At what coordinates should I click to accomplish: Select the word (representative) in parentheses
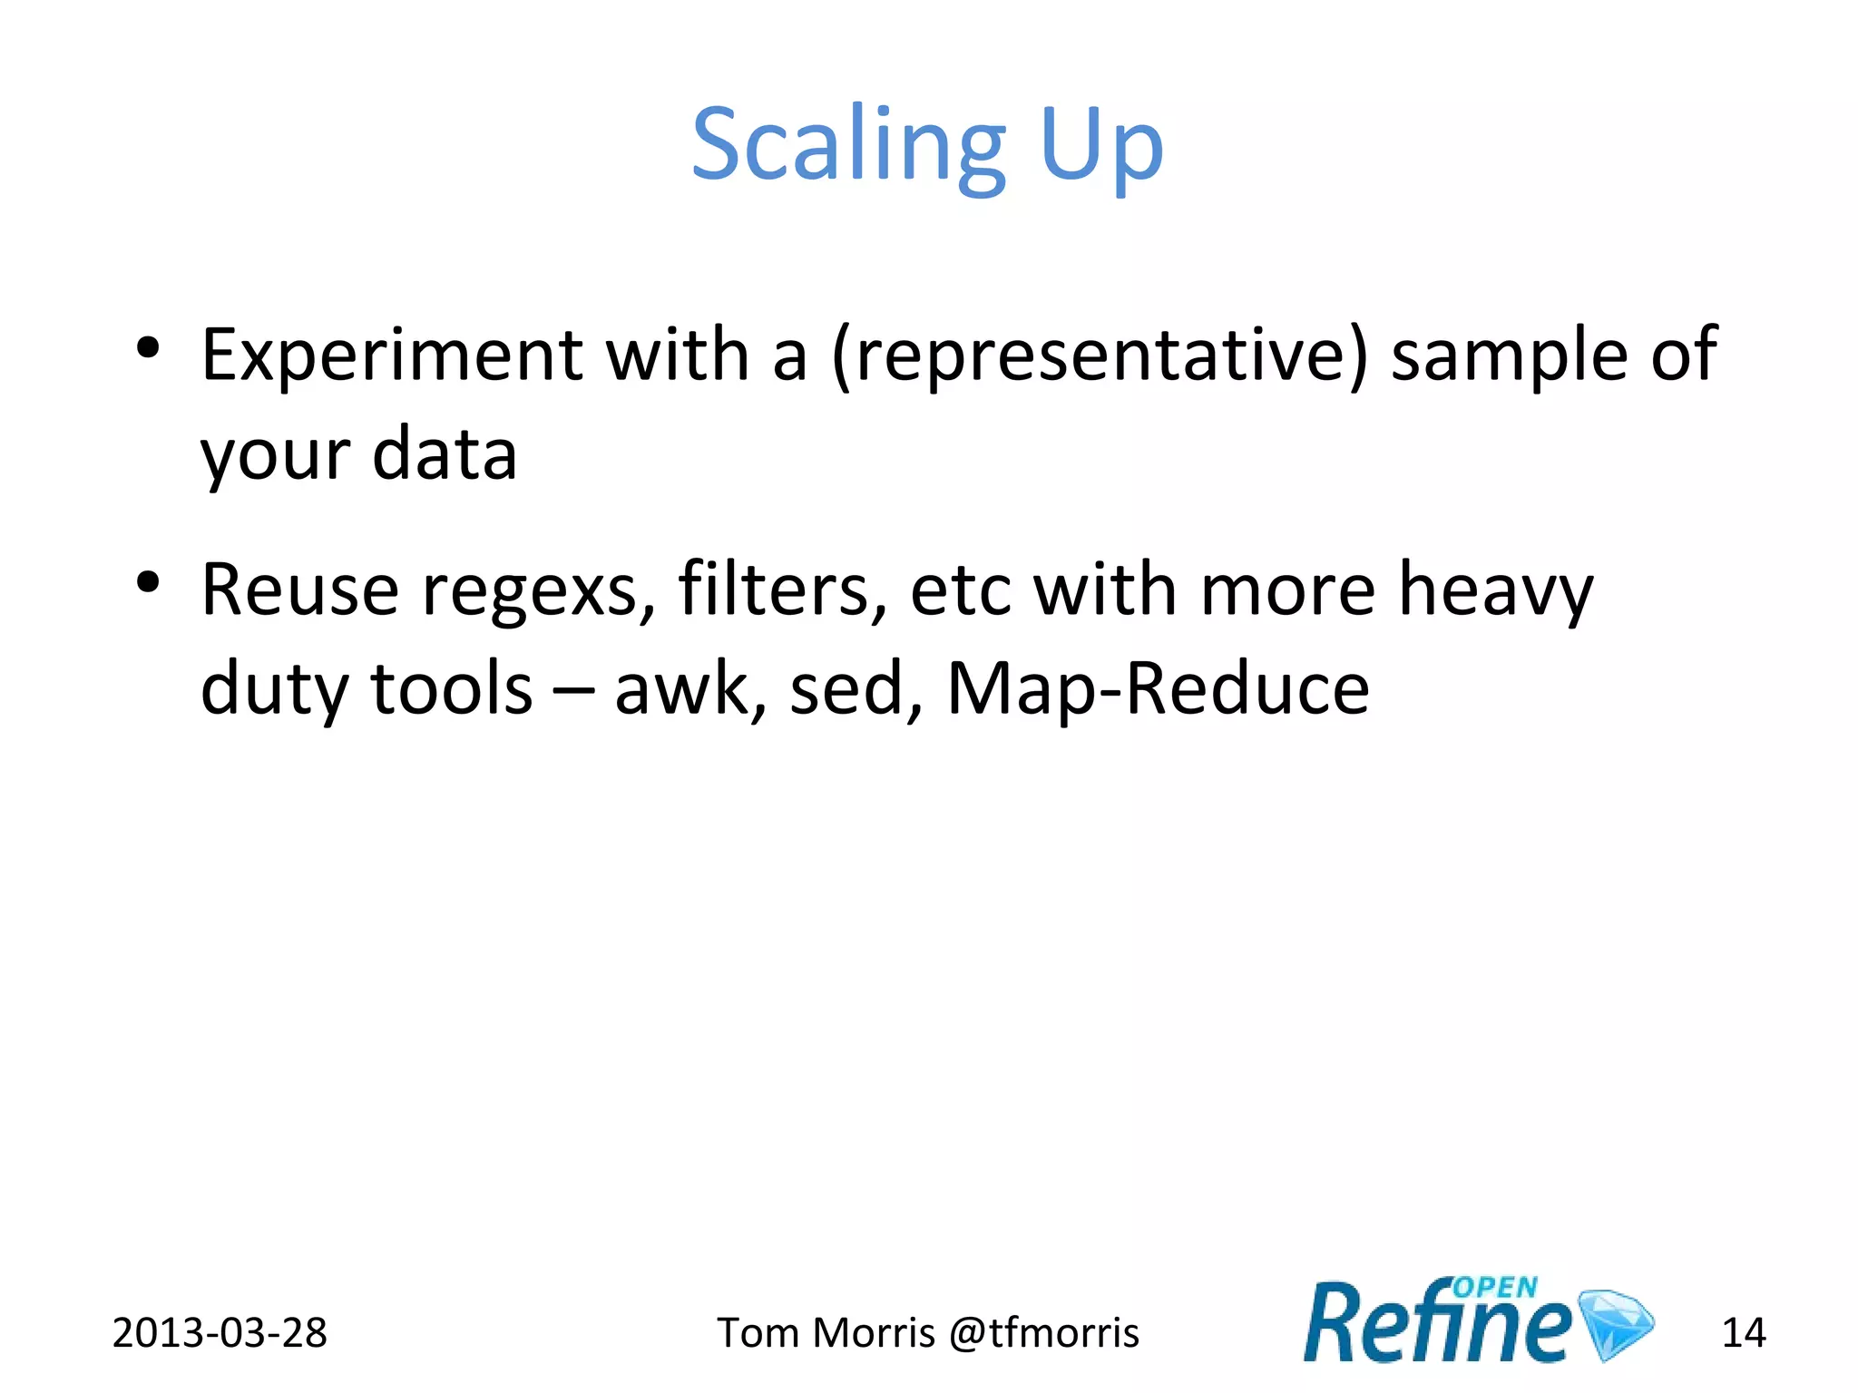click(x=1099, y=356)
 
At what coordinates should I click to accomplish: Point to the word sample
click(x=1509, y=356)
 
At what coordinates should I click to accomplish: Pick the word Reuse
click(x=299, y=590)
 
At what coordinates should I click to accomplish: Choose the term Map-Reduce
click(x=1158, y=689)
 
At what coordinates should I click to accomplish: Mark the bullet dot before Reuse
click(x=148, y=582)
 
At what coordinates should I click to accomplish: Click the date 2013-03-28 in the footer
click(x=220, y=1333)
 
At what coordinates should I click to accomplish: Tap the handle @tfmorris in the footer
click(x=1043, y=1333)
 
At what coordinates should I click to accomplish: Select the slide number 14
click(x=1743, y=1333)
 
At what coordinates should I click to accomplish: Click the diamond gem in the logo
click(x=1616, y=1323)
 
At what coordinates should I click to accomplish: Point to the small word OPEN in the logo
click(x=1495, y=1288)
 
